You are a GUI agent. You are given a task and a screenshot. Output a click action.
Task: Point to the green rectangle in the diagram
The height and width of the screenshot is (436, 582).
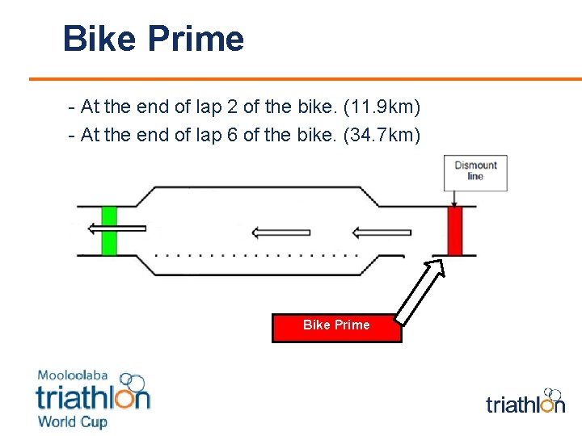coord(109,231)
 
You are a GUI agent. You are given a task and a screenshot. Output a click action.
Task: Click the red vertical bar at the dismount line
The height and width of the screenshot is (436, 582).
coord(454,231)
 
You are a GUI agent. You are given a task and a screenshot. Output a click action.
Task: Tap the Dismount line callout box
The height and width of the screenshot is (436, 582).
coord(475,172)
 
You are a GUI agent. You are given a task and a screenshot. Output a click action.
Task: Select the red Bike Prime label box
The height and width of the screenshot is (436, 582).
coord(336,325)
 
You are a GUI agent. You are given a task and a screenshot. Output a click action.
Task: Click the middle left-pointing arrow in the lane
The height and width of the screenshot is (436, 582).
coord(280,233)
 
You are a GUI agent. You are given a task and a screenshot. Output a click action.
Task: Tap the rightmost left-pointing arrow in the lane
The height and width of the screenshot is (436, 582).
coord(382,233)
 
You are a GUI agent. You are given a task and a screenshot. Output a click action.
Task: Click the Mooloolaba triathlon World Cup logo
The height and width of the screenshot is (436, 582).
coord(93,399)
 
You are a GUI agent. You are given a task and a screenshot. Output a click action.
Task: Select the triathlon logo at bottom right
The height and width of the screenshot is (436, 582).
coord(525,401)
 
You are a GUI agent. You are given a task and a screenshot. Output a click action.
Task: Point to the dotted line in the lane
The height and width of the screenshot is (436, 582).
coord(256,254)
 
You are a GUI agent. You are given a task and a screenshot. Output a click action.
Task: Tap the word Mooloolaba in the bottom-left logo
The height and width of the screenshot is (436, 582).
coord(73,376)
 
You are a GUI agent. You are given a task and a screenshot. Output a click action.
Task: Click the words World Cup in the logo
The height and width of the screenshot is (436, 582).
coord(73,421)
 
